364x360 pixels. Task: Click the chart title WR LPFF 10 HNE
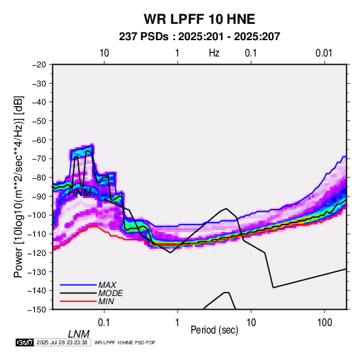point(199,19)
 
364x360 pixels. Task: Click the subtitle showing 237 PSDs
point(199,37)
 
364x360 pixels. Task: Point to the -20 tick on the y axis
point(39,65)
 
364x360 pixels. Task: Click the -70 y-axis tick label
point(39,159)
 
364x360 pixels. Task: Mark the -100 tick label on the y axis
point(37,215)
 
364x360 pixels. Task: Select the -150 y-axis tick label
point(37,310)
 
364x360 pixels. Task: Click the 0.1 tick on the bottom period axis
point(104,323)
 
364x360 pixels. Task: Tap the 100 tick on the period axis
point(325,323)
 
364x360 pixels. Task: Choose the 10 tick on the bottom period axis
point(251,323)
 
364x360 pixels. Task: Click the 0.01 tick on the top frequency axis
point(324,53)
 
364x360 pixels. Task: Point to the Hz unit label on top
point(214,53)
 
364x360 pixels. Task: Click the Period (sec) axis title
point(214,330)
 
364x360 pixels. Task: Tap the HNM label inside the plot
point(80,193)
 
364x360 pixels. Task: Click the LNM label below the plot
point(79,334)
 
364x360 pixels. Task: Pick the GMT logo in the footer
point(24,342)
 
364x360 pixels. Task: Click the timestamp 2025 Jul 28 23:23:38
point(62,342)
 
